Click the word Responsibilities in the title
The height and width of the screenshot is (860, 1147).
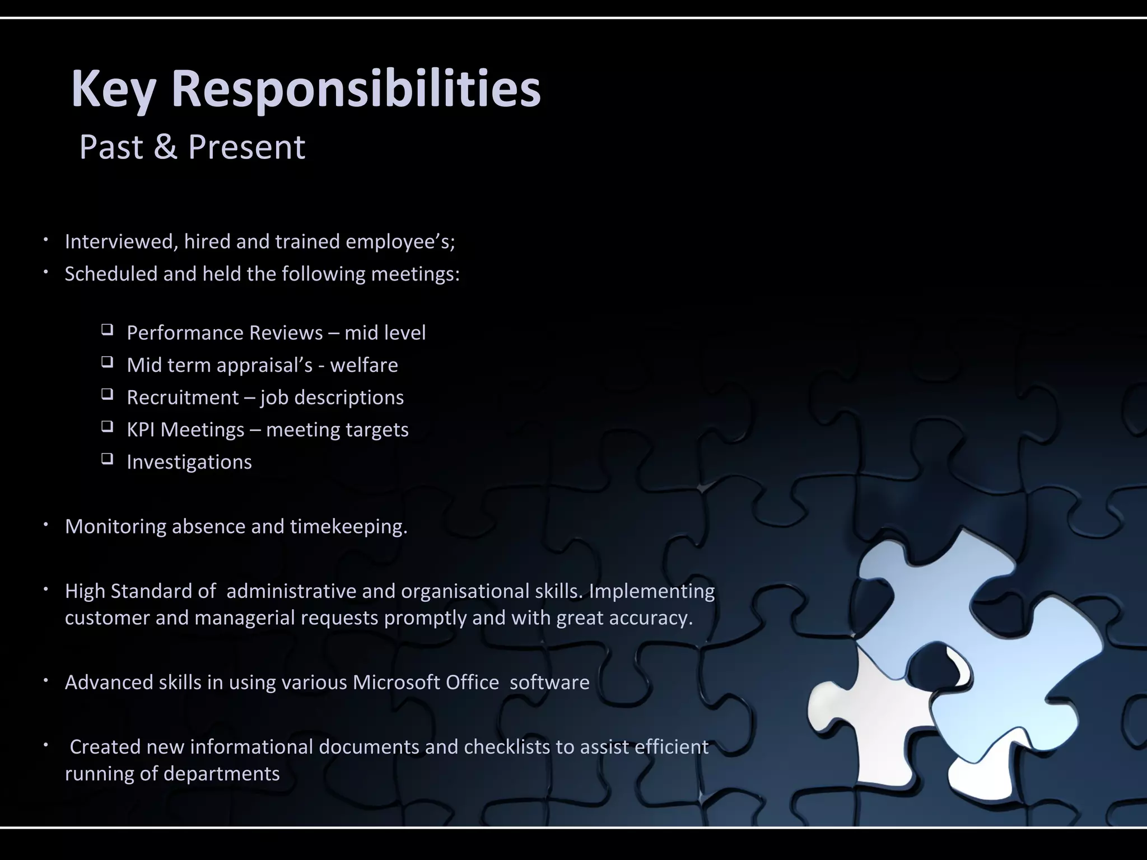pyautogui.click(x=356, y=90)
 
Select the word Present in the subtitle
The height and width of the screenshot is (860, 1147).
pyautogui.click(x=246, y=147)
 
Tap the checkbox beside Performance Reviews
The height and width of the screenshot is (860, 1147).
pyautogui.click(x=107, y=329)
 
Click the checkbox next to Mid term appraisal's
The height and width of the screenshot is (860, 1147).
pyautogui.click(x=107, y=362)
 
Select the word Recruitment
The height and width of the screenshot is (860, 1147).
pyautogui.click(x=183, y=398)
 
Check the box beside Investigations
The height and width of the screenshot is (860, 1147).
pyautogui.click(x=107, y=459)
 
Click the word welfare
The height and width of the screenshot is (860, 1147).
pyautogui.click(x=364, y=365)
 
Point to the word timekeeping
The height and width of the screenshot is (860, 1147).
pyautogui.click(x=348, y=527)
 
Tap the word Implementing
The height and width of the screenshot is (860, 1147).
pyautogui.click(x=652, y=591)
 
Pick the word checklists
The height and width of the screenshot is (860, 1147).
pyautogui.click(x=507, y=747)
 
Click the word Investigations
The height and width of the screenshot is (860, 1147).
pyautogui.click(x=189, y=462)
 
